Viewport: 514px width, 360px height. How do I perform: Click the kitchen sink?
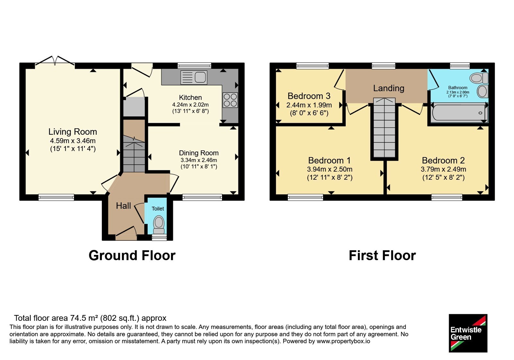tap(194, 77)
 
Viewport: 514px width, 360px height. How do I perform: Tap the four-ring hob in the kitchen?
tap(230, 100)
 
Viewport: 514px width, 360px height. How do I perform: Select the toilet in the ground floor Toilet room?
tap(159, 225)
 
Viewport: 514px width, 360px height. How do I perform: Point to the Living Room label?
tap(73, 132)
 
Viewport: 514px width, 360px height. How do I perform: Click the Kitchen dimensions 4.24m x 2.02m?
tap(191, 105)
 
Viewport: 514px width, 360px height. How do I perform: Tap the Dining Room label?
tap(199, 153)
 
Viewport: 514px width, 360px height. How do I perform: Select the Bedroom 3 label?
tap(309, 96)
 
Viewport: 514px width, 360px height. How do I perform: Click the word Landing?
tap(389, 88)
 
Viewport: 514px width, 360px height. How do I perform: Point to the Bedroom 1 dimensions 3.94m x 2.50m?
tap(330, 169)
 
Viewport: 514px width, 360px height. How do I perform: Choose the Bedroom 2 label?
tap(443, 160)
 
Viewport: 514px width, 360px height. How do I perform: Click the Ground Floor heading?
tap(132, 256)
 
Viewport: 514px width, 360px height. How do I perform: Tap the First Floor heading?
tap(382, 256)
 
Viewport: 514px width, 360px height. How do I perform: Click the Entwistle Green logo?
tap(468, 333)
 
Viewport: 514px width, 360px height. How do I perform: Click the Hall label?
tap(123, 206)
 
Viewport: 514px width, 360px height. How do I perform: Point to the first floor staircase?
tap(384, 128)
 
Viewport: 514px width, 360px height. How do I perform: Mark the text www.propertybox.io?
tap(343, 341)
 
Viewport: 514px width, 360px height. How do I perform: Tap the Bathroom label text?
tap(458, 87)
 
